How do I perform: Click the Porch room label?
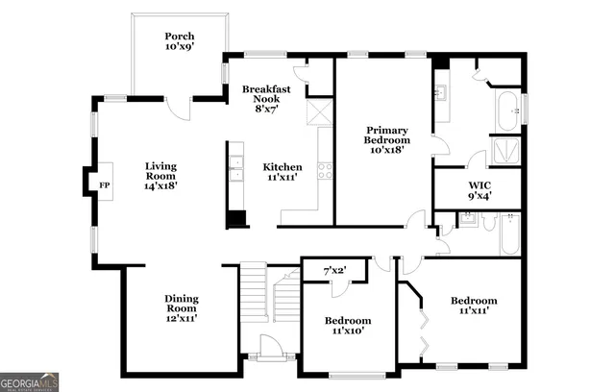tap(179, 41)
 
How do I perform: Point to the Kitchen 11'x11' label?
tap(283, 172)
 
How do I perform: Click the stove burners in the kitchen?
tap(325, 171)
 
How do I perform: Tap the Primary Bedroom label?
tap(387, 139)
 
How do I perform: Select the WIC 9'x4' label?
tap(480, 189)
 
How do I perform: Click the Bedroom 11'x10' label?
tap(347, 325)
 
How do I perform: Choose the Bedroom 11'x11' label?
tap(474, 306)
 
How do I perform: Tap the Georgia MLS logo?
tap(29, 381)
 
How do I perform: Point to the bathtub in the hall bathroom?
tap(508, 234)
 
